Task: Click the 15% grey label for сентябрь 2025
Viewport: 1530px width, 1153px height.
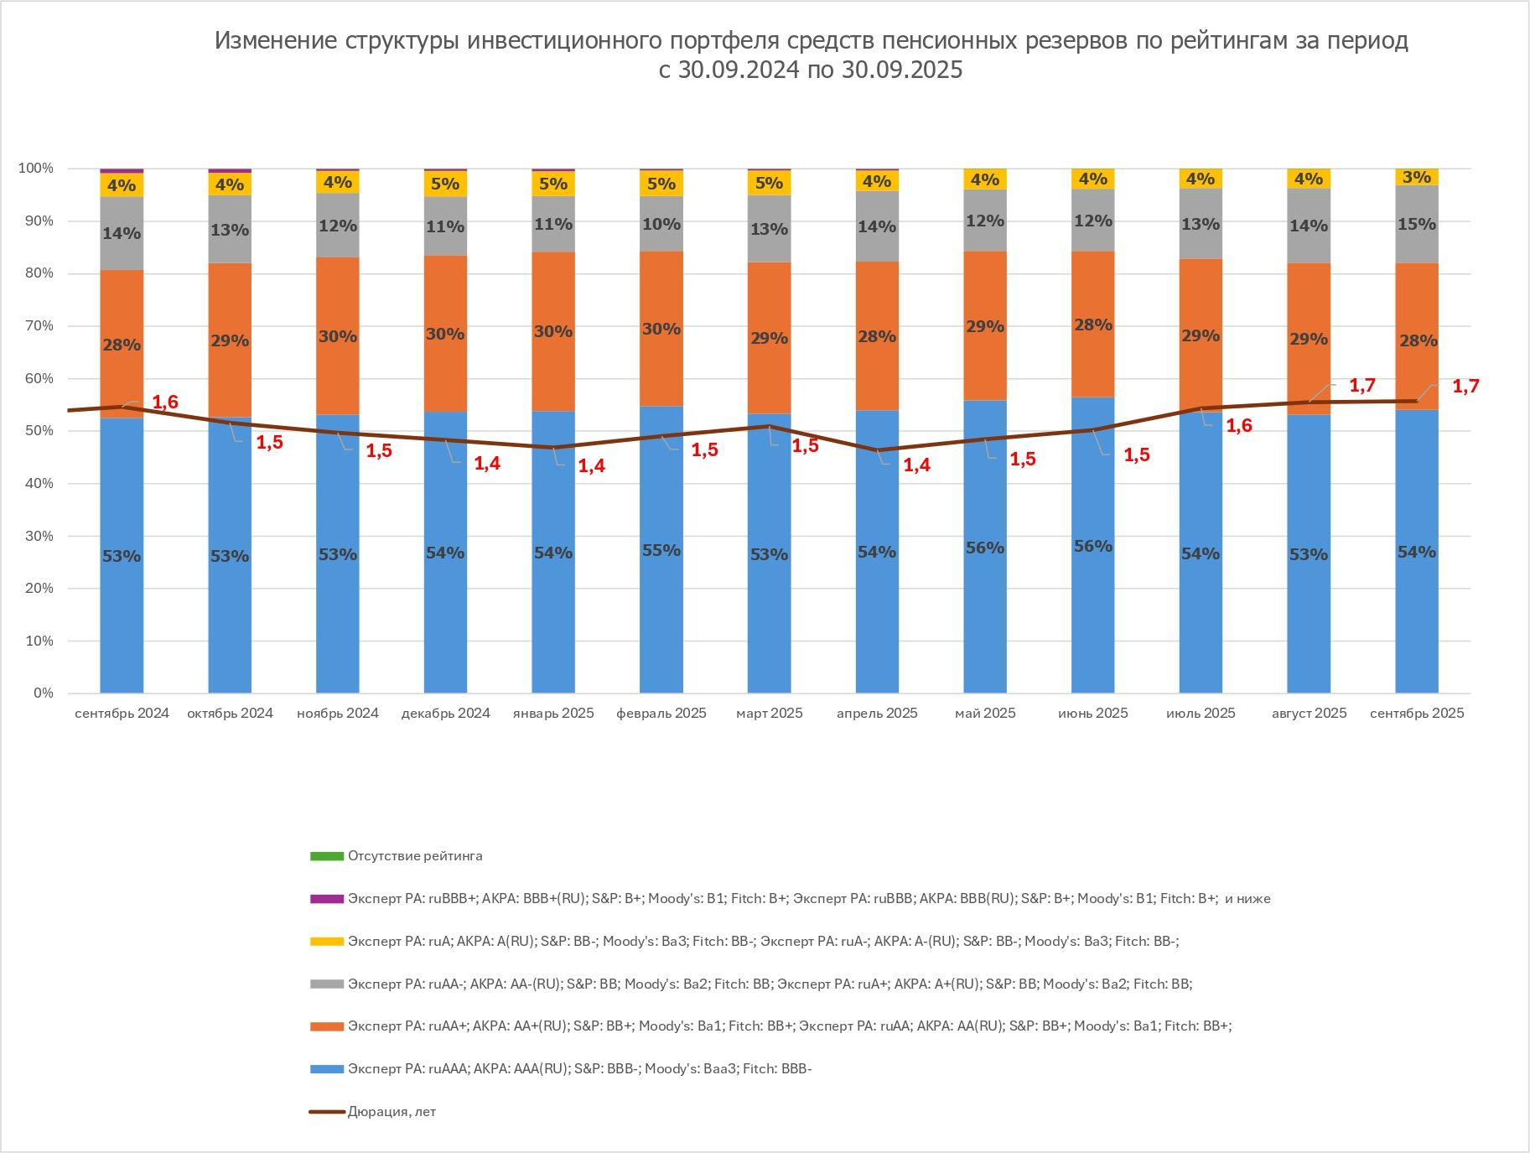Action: point(1416,225)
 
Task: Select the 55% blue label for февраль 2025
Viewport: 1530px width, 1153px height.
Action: point(661,551)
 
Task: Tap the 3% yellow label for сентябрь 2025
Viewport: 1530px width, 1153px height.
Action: point(1416,177)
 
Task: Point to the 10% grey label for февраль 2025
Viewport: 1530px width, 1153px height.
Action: point(661,225)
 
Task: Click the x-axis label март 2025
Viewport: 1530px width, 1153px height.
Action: point(769,714)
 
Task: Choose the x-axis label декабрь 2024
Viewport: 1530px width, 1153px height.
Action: point(445,714)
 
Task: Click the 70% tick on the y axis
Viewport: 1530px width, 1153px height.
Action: point(37,326)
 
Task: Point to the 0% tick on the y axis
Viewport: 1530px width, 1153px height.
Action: point(43,693)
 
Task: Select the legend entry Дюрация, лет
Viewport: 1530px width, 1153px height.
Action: point(392,1112)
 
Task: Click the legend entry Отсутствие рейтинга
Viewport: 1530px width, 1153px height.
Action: point(415,856)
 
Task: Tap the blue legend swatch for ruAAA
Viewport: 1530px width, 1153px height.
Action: point(326,1069)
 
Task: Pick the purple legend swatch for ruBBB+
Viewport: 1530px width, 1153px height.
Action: point(326,899)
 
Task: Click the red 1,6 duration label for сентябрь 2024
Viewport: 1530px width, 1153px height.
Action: point(165,403)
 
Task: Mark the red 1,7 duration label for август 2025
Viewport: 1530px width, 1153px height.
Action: point(1362,386)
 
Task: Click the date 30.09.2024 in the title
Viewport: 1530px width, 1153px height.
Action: point(738,70)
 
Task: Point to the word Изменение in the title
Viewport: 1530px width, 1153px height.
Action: point(276,40)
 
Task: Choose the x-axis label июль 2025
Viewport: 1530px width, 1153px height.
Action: point(1201,714)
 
